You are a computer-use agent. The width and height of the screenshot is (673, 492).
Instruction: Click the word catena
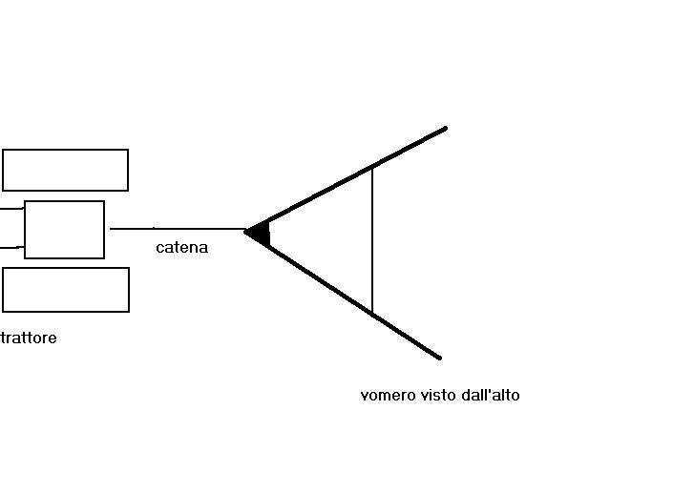[x=181, y=248]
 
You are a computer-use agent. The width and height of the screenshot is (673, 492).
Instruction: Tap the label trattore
[x=29, y=338]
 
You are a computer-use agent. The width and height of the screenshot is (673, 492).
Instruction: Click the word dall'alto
[x=491, y=395]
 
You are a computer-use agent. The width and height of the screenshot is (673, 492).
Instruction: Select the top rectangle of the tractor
[x=65, y=170]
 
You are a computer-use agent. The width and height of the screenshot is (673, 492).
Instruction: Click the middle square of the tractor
[x=64, y=229]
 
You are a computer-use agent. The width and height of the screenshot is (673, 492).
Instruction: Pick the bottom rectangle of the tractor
[x=65, y=290]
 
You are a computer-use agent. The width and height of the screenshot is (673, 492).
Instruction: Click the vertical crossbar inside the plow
[x=372, y=238]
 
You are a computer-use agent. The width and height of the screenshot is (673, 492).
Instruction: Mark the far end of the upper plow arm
[x=445, y=128]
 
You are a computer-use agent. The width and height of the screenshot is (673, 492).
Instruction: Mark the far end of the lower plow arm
[x=439, y=358]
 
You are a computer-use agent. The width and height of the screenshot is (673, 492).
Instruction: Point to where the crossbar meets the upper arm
[x=372, y=166]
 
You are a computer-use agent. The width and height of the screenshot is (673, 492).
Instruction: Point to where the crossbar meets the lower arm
[x=372, y=314]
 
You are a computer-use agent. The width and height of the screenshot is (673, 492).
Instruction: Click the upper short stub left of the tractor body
[x=11, y=208]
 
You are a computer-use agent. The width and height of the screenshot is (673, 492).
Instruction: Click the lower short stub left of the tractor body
[x=11, y=247]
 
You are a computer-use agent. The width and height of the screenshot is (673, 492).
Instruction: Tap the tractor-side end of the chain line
[x=112, y=229]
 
